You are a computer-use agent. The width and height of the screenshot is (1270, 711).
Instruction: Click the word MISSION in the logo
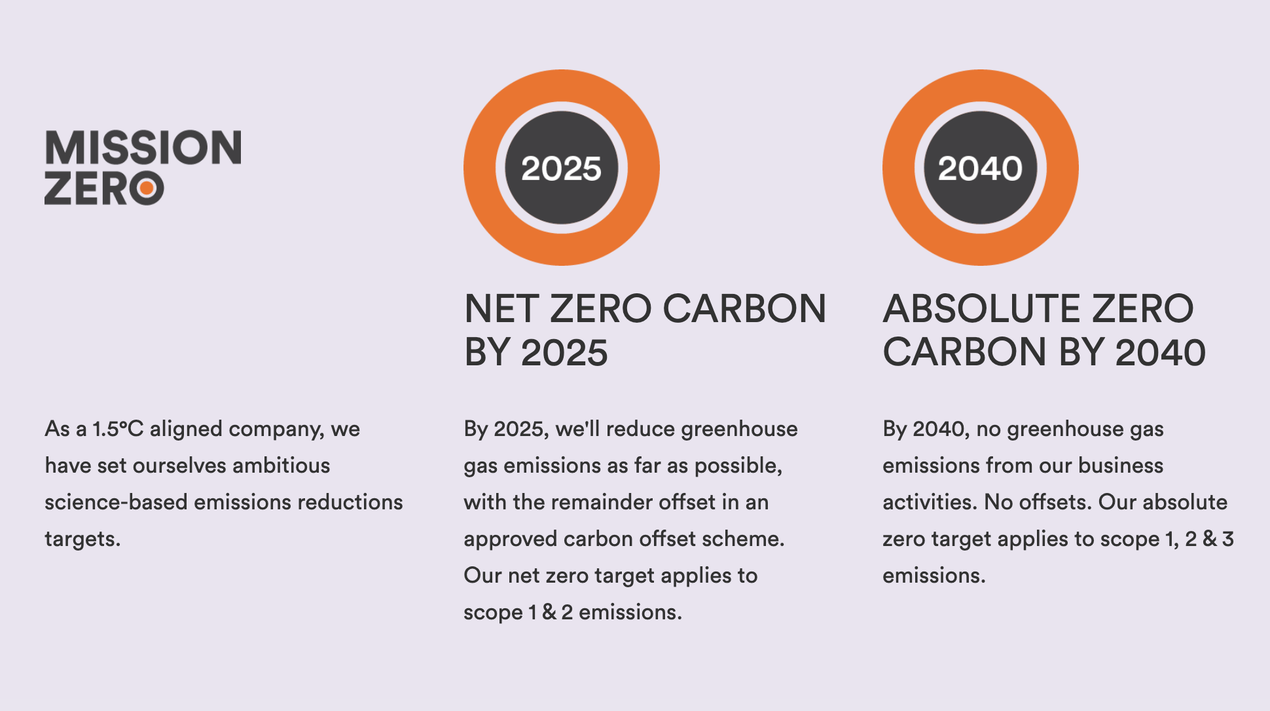tap(143, 147)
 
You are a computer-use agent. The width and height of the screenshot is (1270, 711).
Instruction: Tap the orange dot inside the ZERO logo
tap(147, 189)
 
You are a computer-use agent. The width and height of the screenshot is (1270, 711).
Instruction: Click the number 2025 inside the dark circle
tap(561, 168)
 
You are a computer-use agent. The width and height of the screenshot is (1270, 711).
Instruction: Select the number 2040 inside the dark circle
tap(980, 168)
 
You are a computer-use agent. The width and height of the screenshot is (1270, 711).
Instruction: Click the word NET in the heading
tap(502, 308)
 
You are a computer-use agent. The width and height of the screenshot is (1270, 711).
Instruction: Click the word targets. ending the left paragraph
tap(82, 539)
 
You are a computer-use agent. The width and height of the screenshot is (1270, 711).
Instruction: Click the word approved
tap(511, 539)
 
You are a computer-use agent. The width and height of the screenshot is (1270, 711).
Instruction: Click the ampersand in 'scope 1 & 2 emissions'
tap(549, 612)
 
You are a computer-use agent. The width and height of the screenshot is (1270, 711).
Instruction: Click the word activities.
tap(930, 502)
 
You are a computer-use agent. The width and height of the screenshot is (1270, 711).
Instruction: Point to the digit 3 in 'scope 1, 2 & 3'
tap(1227, 539)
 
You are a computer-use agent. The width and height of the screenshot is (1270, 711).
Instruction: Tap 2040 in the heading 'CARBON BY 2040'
tap(1161, 352)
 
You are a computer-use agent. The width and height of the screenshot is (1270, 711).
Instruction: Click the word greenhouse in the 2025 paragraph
tap(739, 429)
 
